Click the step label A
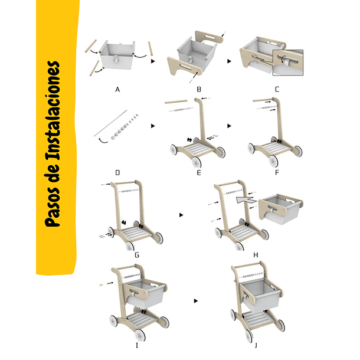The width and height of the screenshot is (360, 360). click(x=117, y=89)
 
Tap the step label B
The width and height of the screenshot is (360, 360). click(x=199, y=89)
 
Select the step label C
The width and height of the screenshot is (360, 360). click(x=277, y=89)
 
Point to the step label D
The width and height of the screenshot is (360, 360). click(x=117, y=173)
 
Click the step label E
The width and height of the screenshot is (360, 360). click(x=199, y=173)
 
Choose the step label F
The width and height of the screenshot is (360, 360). click(x=277, y=173)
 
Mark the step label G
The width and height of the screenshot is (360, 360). click(x=137, y=255)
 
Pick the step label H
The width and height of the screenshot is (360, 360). click(x=256, y=255)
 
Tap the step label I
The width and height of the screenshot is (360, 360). click(x=137, y=345)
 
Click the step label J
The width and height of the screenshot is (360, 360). click(x=256, y=345)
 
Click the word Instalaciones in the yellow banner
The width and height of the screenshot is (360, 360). click(x=53, y=111)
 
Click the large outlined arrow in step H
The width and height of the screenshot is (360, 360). click(x=246, y=200)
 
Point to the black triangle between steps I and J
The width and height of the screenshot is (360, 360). click(x=195, y=301)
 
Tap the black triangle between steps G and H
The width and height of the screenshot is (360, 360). click(x=181, y=215)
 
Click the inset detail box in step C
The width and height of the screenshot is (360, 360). click(x=288, y=63)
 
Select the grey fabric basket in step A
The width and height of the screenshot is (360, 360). click(x=117, y=55)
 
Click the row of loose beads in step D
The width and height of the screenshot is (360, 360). click(x=125, y=126)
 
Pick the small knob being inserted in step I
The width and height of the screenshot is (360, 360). click(x=102, y=285)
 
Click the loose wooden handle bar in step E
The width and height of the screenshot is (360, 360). click(x=176, y=102)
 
